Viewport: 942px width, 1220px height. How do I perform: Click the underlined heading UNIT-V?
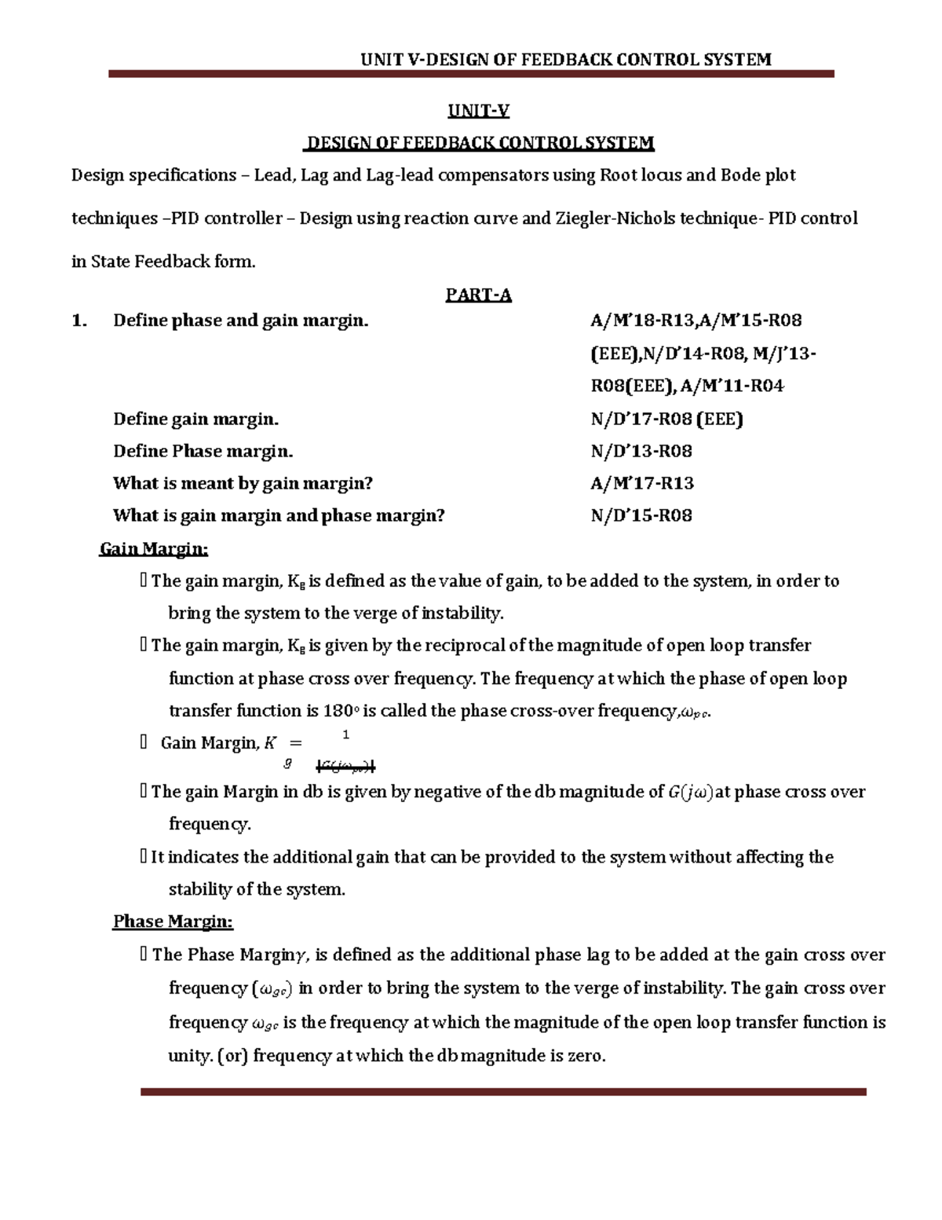[x=478, y=111]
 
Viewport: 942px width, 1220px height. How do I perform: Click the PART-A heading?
[x=478, y=295]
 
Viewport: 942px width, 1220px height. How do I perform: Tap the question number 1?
[x=78, y=321]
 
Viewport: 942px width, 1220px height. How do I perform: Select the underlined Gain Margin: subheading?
[x=153, y=548]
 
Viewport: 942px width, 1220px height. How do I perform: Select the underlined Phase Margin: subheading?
[x=173, y=921]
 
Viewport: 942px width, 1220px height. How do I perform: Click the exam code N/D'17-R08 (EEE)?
[x=666, y=419]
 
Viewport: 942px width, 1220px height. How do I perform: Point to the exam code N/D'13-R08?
[x=641, y=451]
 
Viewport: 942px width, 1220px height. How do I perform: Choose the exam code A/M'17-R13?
[x=642, y=483]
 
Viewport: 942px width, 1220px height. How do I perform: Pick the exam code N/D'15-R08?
[x=641, y=515]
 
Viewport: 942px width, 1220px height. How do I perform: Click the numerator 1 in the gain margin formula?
[x=346, y=735]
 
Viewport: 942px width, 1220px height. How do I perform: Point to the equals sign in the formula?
[x=296, y=743]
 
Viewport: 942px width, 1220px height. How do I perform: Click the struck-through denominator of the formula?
[x=346, y=766]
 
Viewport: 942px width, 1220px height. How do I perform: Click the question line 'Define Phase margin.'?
[x=203, y=451]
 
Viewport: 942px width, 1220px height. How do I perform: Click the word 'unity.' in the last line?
[x=189, y=1056]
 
